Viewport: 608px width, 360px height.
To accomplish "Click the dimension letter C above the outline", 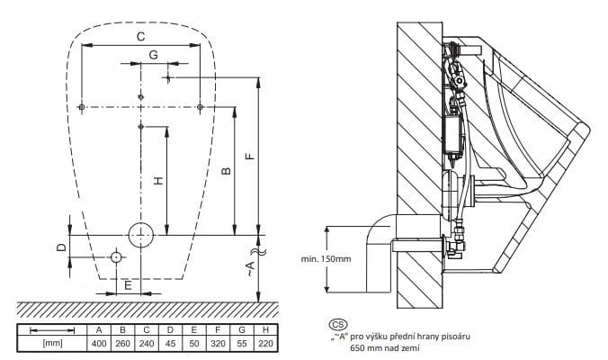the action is pyautogui.click(x=140, y=37).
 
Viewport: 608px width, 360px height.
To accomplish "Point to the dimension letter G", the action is pyautogui.click(x=154, y=55).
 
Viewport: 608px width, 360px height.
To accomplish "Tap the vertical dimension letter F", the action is pyautogui.click(x=251, y=156).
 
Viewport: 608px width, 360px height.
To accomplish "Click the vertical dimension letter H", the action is pyautogui.click(x=158, y=180).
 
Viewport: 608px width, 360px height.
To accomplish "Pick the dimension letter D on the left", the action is pyautogui.click(x=62, y=247).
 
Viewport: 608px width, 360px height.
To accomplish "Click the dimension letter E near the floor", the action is pyautogui.click(x=128, y=286).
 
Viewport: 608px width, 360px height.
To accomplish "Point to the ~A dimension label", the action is pyautogui.click(x=251, y=268).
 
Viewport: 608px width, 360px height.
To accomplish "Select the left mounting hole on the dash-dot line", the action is pyautogui.click(x=82, y=107).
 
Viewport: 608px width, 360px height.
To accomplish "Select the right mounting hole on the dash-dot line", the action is pyautogui.click(x=200, y=107).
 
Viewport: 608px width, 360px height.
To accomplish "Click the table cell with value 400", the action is pyautogui.click(x=99, y=344).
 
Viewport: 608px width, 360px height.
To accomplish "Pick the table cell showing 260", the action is pyautogui.click(x=123, y=344).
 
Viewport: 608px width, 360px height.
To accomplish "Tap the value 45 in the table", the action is pyautogui.click(x=170, y=344).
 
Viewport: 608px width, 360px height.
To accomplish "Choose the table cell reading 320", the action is pyautogui.click(x=218, y=344).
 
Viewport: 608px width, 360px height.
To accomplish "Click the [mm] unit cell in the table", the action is pyautogui.click(x=52, y=344).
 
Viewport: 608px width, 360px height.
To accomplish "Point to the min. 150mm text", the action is pyautogui.click(x=326, y=259).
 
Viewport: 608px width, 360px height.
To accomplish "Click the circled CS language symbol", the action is pyautogui.click(x=338, y=324).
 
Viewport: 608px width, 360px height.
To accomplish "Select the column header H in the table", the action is pyautogui.click(x=265, y=329).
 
